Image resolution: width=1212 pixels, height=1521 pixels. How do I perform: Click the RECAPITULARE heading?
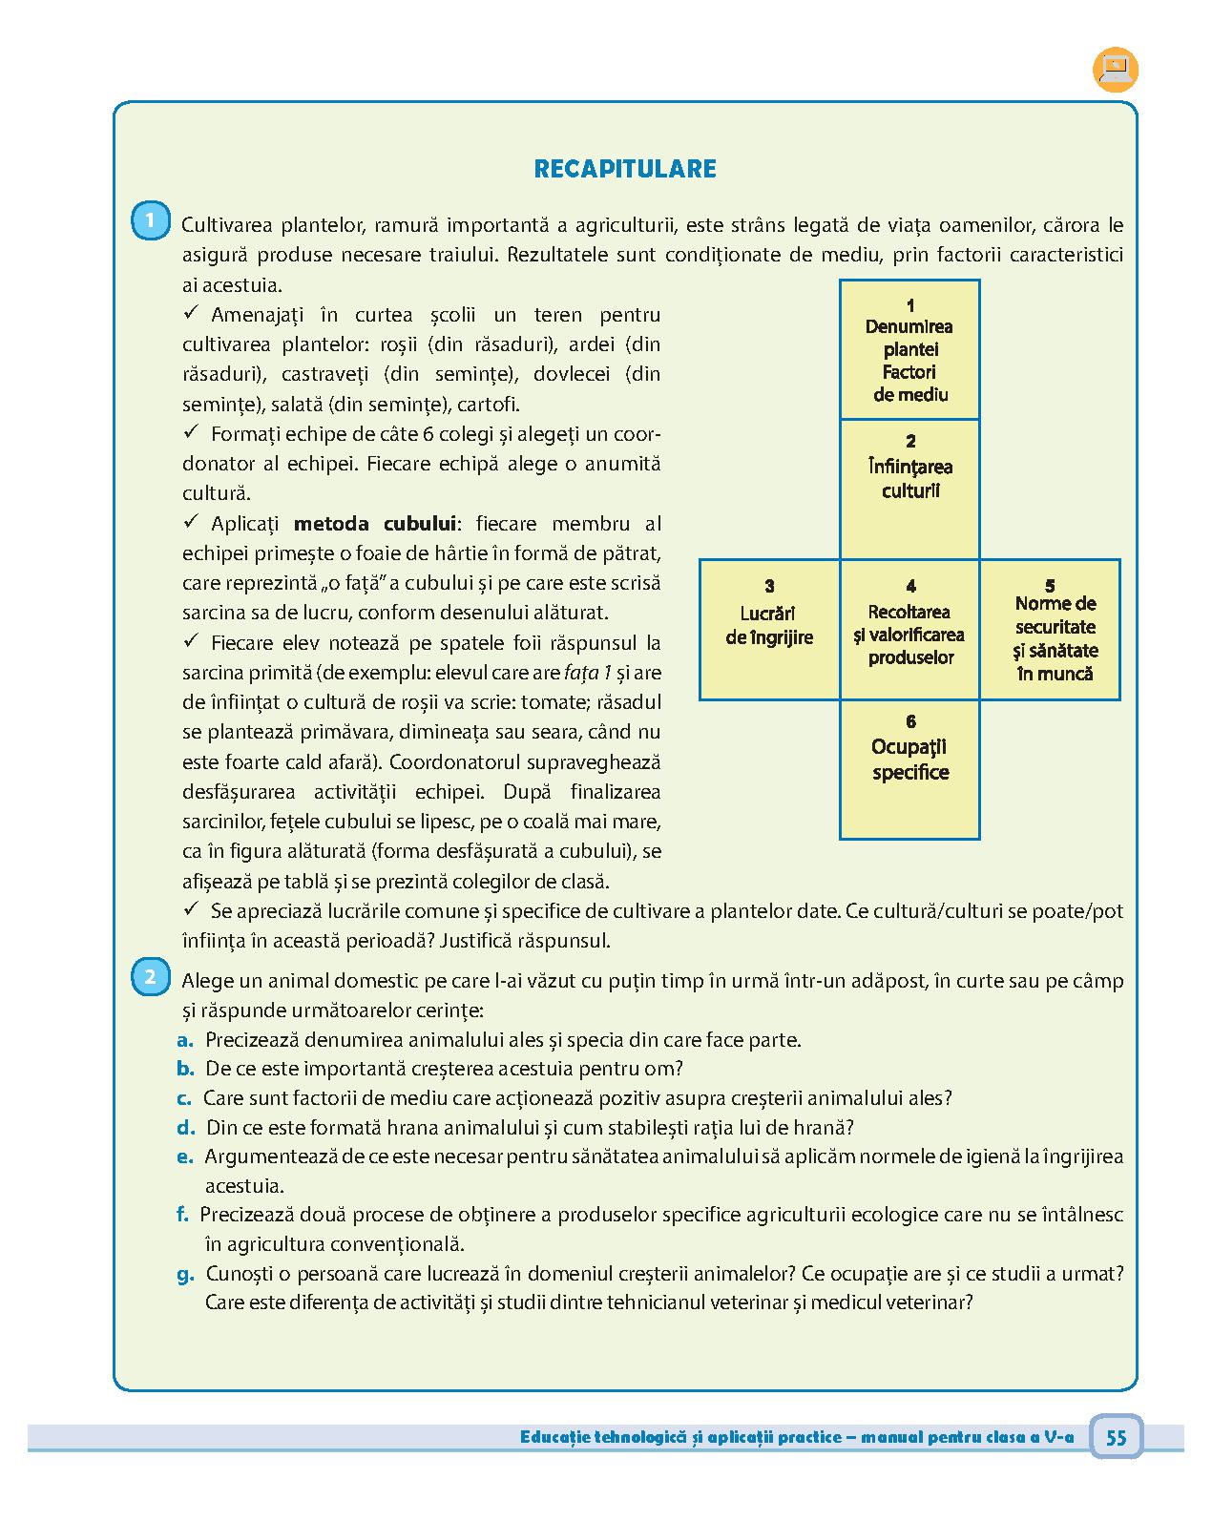click(x=625, y=169)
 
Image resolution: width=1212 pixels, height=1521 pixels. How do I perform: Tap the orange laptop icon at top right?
click(x=1115, y=69)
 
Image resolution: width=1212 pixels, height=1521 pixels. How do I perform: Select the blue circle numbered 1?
click(x=150, y=221)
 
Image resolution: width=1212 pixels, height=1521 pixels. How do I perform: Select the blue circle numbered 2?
click(x=150, y=978)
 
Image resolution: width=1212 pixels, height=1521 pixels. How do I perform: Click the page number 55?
click(x=1116, y=1437)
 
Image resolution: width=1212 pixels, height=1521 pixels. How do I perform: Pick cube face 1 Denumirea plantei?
click(x=909, y=350)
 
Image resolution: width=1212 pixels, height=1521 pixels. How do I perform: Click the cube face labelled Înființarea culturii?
click(x=909, y=489)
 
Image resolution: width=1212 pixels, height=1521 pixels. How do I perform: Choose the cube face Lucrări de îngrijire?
click(x=769, y=630)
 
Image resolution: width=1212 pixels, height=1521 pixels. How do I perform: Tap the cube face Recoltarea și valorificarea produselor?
click(x=910, y=630)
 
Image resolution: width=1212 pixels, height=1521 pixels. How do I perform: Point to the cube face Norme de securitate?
click(x=1051, y=630)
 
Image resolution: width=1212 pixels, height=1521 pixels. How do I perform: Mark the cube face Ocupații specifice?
click(x=909, y=769)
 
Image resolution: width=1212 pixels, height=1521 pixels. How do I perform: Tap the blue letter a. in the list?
click(x=185, y=1040)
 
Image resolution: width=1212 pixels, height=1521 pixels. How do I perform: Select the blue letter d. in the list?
click(x=186, y=1128)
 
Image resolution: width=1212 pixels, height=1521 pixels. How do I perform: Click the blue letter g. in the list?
click(x=185, y=1274)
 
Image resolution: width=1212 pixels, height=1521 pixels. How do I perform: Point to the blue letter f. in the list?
click(x=182, y=1215)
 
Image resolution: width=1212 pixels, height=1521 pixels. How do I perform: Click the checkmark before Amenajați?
click(x=191, y=313)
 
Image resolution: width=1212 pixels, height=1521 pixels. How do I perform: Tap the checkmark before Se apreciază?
click(x=191, y=909)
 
